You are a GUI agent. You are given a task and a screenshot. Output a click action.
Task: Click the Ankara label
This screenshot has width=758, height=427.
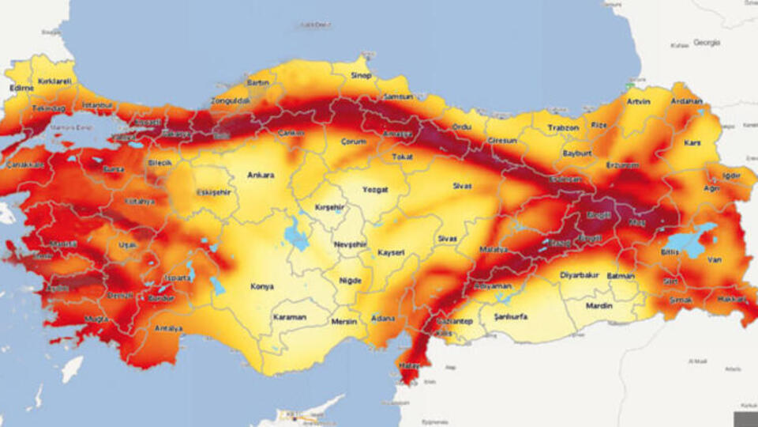pos(260,175)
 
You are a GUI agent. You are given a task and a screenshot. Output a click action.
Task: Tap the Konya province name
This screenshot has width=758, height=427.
pos(262,286)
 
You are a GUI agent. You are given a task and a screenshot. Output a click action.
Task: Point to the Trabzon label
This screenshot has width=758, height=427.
pos(563,127)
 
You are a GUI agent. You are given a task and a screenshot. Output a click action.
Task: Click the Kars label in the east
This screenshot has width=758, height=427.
pos(692,142)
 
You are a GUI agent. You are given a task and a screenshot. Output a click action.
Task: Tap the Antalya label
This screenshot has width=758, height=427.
pos(169,328)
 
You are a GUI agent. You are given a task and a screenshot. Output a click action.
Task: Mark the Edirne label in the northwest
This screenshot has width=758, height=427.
pos(21,88)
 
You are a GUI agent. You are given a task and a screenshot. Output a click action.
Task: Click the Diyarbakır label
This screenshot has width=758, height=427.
pos(580,275)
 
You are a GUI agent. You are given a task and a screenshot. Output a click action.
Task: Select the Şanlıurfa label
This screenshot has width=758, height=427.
pos(510,316)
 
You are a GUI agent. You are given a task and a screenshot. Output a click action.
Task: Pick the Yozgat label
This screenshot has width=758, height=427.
pos(374,190)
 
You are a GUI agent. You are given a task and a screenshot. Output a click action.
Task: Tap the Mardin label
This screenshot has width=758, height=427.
pos(599,305)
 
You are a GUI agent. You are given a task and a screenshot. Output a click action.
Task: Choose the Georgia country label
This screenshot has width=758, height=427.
pos(707,42)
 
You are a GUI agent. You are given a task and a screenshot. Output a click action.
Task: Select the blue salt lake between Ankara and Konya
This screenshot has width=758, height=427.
pos(297,234)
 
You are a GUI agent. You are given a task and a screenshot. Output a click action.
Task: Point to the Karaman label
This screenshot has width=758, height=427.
pos(289,317)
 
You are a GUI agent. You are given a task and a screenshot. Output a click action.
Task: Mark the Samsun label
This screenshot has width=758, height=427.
pos(396,96)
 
